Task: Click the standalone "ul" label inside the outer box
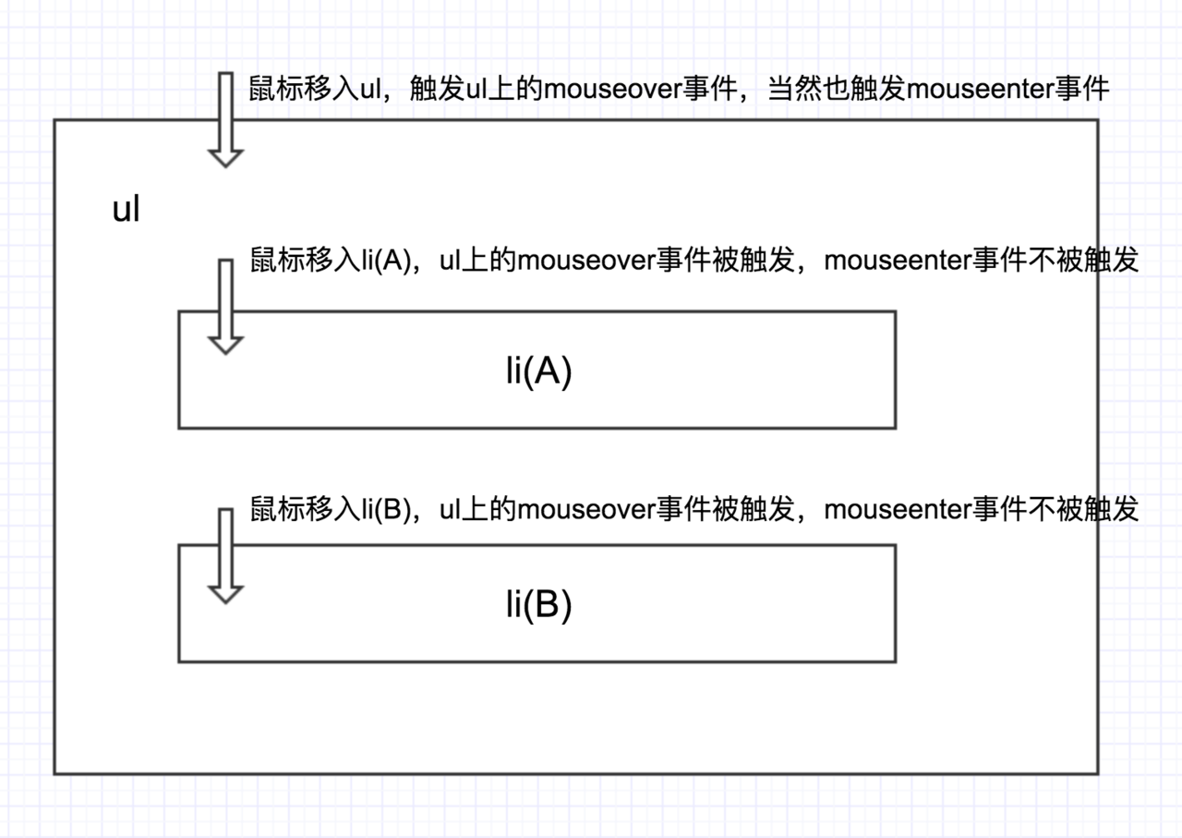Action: tap(126, 210)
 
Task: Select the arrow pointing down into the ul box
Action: tap(225, 120)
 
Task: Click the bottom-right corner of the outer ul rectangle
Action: tap(1098, 773)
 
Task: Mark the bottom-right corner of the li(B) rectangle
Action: tap(895, 662)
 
